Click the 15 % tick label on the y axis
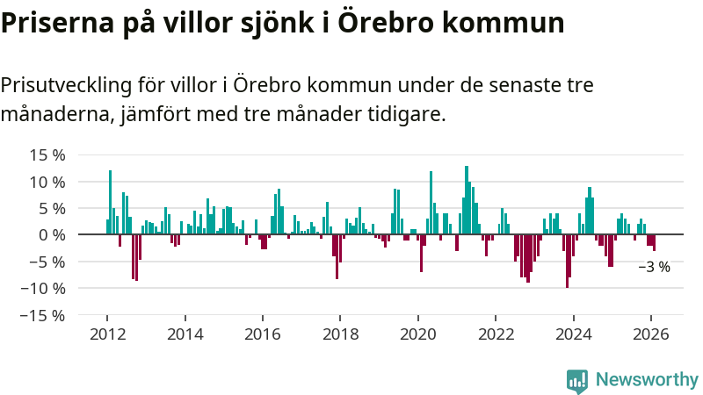coord(47,155)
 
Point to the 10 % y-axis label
coord(47,182)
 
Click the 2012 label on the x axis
coord(107,334)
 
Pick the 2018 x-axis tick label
coord(340,334)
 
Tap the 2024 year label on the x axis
coord(573,334)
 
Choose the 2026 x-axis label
coord(651,334)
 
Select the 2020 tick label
coord(418,334)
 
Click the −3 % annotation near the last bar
coord(654,267)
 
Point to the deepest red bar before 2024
coord(567,261)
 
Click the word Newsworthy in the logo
coord(647,380)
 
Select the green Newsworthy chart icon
coord(577,380)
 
